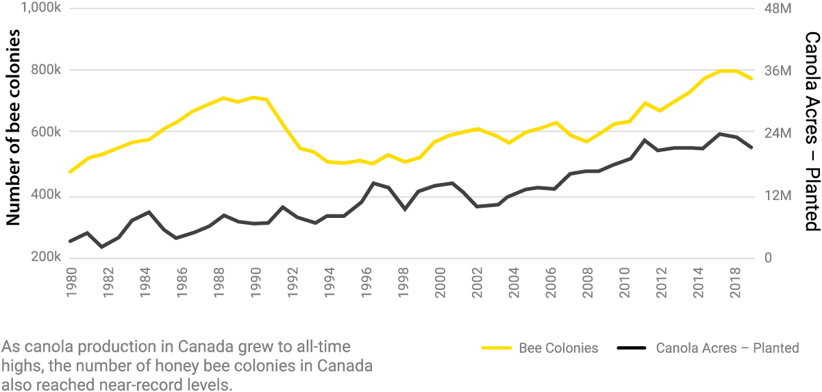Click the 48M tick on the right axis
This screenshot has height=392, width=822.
coord(777,9)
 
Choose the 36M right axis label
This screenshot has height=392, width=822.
coord(777,71)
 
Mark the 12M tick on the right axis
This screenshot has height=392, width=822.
coord(777,197)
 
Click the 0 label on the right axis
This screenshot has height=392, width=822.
coord(768,258)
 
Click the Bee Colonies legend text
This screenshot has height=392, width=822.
coord(558,348)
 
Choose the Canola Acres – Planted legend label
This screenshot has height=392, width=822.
coord(727,348)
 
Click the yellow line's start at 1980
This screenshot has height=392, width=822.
coord(71,171)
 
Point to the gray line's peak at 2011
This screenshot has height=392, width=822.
coord(644,140)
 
